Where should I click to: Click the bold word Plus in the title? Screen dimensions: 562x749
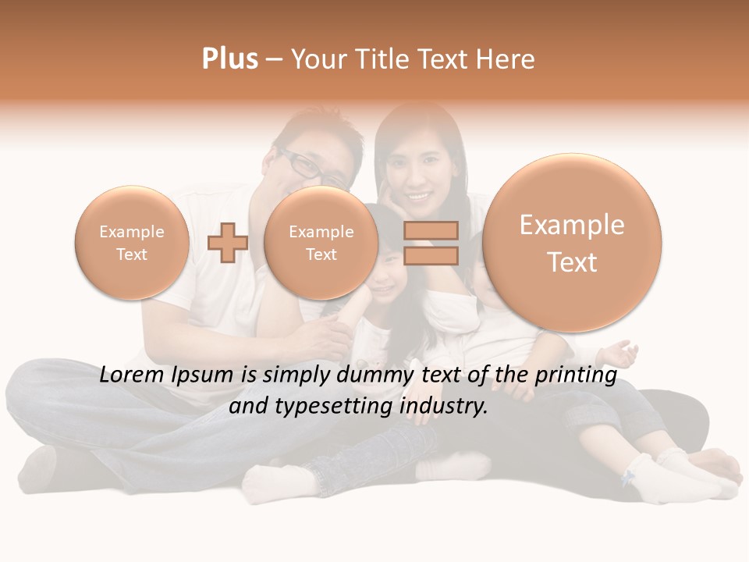click(229, 59)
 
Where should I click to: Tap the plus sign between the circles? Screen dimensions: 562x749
click(228, 243)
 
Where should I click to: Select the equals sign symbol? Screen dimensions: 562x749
click(431, 243)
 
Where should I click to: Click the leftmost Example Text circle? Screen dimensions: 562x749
click(131, 243)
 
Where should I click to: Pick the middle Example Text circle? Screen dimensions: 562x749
click(321, 243)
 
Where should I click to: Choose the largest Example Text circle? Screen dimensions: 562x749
click(572, 243)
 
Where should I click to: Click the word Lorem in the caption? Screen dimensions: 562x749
click(131, 375)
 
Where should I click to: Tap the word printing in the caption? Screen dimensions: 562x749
click(578, 376)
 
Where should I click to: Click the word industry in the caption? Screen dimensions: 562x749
click(442, 407)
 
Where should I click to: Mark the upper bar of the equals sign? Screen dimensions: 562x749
click(431, 230)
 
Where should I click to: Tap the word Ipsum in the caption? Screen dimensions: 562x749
click(205, 376)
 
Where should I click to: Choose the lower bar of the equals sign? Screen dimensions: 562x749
click(431, 255)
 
